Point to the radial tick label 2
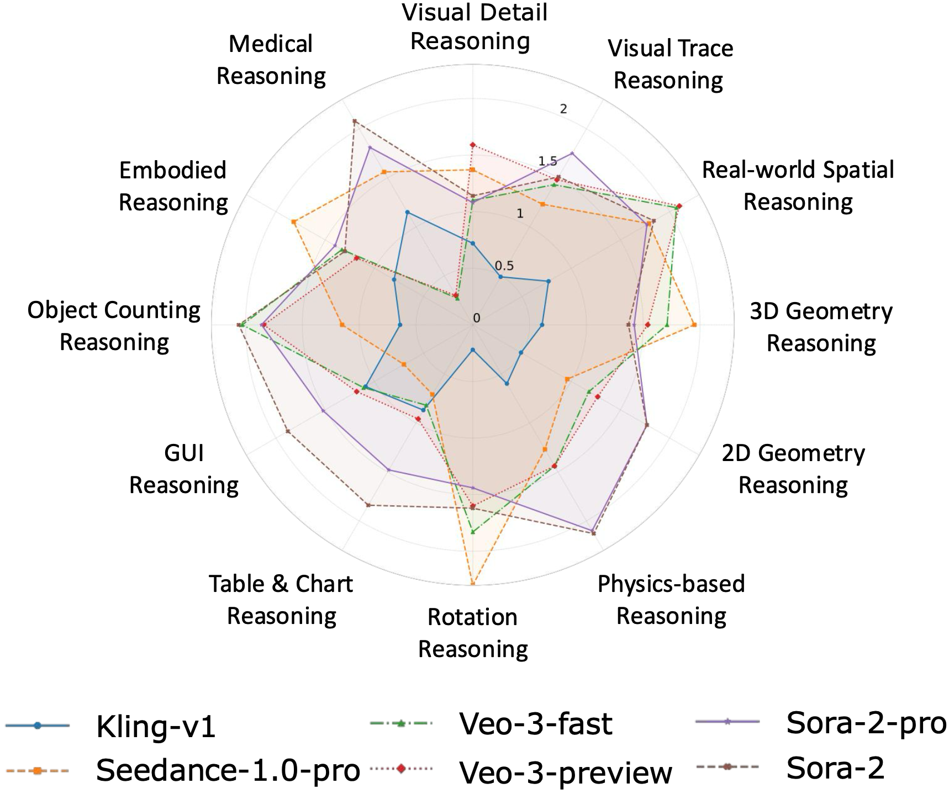point(563,109)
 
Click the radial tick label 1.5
point(547,161)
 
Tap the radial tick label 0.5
point(504,266)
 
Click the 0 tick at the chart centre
point(477,319)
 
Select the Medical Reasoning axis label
point(271,60)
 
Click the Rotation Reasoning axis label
point(473,633)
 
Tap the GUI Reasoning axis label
point(184,469)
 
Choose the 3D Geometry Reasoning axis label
point(821,327)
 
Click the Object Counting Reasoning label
point(114,326)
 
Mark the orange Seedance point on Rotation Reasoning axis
point(473,583)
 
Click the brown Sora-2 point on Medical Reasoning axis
point(354,121)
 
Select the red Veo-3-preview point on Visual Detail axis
point(472,145)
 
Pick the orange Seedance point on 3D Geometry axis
point(694,325)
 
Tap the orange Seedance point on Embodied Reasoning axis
point(294,222)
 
